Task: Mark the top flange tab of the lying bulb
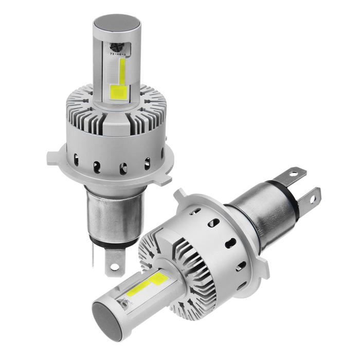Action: tap(181, 195)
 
